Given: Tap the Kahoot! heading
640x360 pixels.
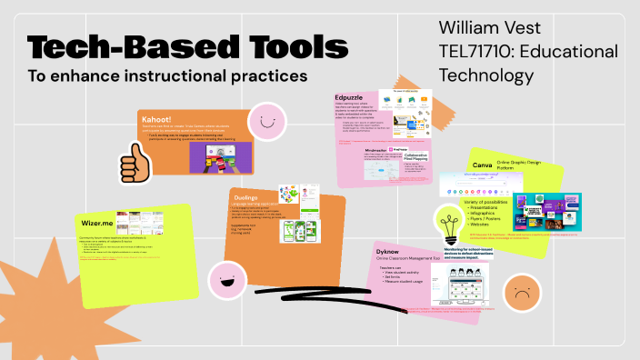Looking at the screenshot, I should [157, 119].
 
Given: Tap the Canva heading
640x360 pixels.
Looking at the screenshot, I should [482, 165].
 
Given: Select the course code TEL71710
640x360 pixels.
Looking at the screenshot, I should [474, 52].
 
